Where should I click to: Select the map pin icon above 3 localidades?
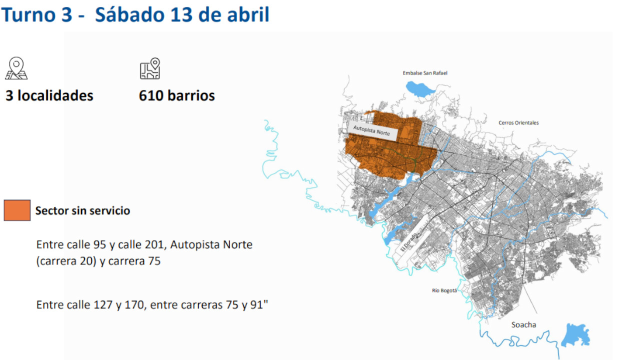[16, 68]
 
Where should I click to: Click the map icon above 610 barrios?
[149, 68]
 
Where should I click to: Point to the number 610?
[151, 95]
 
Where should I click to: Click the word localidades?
[55, 95]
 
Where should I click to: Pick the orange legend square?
[17, 210]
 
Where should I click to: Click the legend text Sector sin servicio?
[82, 210]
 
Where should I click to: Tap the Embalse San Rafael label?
[425, 73]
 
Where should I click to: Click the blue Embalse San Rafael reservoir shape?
[420, 89]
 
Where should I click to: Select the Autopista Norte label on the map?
[374, 131]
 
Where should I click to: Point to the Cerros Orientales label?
[518, 122]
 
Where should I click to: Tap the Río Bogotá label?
[444, 290]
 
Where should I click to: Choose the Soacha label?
[523, 324]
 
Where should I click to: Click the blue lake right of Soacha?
[574, 334]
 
